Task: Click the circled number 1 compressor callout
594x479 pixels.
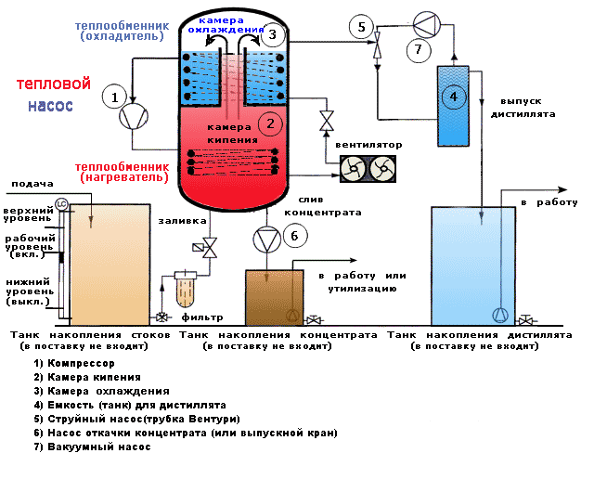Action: click(x=115, y=97)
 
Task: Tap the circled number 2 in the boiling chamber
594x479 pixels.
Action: click(x=269, y=121)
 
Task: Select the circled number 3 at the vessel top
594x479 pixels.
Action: click(x=270, y=36)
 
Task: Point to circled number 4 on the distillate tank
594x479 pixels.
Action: click(x=453, y=96)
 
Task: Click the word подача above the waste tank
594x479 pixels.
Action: click(x=34, y=184)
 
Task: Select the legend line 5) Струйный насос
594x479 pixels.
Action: click(x=130, y=419)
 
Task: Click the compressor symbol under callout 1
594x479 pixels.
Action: click(x=134, y=115)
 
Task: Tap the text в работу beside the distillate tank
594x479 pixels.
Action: click(x=549, y=202)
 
